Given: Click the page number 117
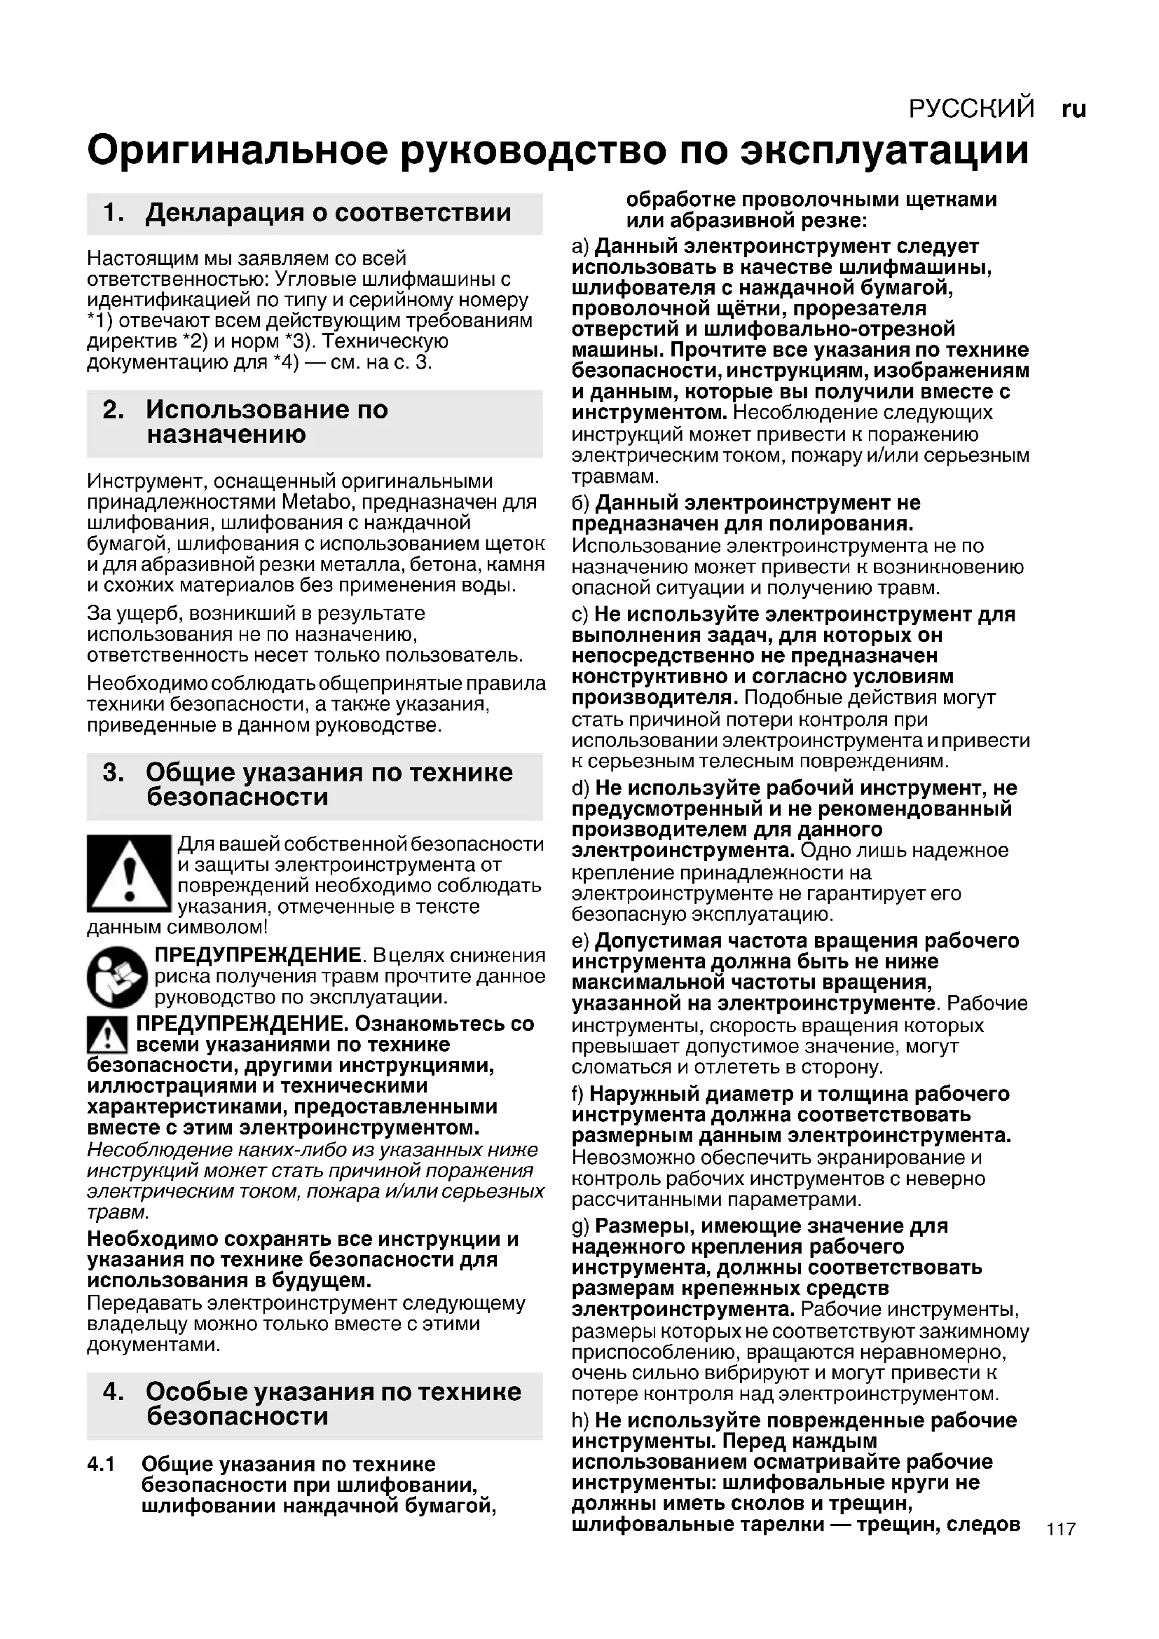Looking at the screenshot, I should point(1060,1529).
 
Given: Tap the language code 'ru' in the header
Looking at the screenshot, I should point(1074,109).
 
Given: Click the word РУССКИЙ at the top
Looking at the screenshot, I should point(971,109).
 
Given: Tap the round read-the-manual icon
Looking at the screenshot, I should point(117,976).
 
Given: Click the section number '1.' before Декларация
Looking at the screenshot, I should point(114,213).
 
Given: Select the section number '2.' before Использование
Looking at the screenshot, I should point(114,410).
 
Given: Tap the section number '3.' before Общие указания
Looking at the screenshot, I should point(114,772).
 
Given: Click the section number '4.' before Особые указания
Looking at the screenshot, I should point(114,1392).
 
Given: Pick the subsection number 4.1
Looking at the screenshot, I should point(102,1464).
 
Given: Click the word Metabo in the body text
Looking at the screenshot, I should point(313,502).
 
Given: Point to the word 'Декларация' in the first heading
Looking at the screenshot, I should point(226,213).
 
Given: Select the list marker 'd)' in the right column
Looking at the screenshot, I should point(580,788).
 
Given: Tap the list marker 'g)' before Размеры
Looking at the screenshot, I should point(580,1226).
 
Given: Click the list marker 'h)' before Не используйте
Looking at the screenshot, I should point(580,1420).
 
